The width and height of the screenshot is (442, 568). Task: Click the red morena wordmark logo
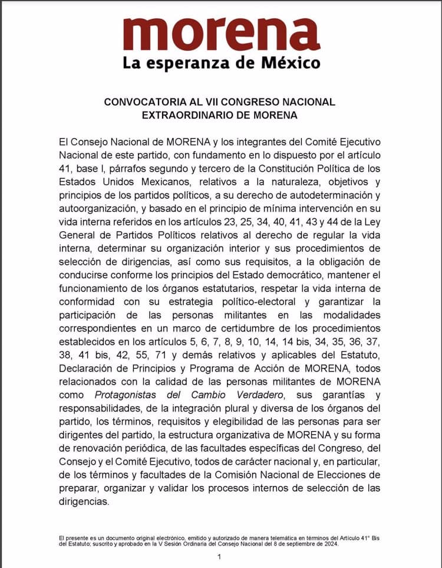[x=222, y=34]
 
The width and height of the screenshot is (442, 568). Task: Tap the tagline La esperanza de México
[x=222, y=63]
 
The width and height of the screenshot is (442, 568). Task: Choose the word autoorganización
[x=98, y=208]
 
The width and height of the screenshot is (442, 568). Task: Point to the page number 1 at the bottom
[x=219, y=556]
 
